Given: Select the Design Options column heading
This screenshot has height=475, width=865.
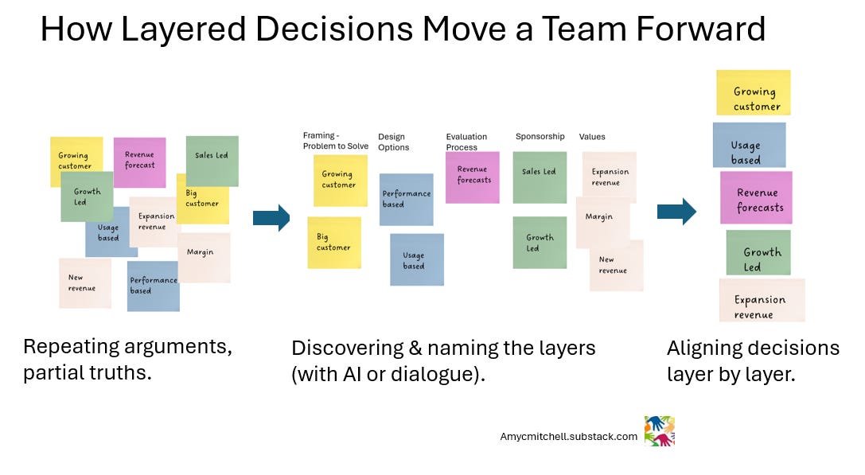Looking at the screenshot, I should coord(393,142).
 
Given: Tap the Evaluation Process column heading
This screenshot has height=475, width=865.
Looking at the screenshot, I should coord(466,142).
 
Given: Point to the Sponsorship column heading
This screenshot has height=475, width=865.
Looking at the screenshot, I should coord(540,137).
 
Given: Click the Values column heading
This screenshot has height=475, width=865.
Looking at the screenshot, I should coord(591,137).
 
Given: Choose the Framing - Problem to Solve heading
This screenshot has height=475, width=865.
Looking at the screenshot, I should coord(335,141).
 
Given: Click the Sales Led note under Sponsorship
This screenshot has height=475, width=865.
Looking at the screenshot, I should coord(540,177).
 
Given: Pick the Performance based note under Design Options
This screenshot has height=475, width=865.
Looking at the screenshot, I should coord(406,199).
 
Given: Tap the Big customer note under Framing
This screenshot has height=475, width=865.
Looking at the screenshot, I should coord(334,242).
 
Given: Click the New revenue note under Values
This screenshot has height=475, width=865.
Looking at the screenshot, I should coord(615,265).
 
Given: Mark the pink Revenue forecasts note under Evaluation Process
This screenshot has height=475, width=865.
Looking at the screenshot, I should coord(473,176).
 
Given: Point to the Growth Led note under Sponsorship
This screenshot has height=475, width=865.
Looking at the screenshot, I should coord(540,242).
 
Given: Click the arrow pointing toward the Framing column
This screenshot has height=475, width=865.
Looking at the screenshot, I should coord(271,217).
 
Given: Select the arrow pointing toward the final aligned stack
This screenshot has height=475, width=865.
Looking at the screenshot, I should coord(676,211).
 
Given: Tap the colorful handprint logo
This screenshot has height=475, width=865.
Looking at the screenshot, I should coord(659,430).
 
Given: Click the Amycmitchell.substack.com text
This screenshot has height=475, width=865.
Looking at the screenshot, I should coord(568,437).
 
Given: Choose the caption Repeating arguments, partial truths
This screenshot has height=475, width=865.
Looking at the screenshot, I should coord(127,359).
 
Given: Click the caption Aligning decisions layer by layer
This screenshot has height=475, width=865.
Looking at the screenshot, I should coord(753,360).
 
